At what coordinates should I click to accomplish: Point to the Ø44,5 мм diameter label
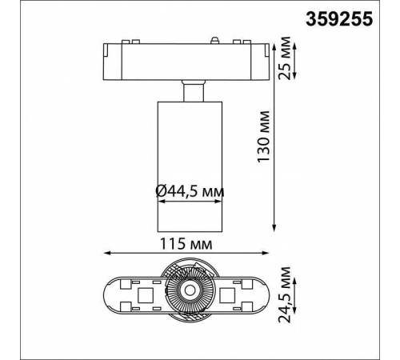pos(190,191)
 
